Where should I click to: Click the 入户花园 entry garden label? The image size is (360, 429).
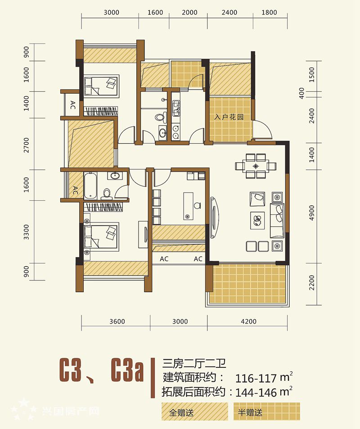click(x=229, y=117)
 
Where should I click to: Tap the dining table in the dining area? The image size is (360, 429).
click(x=256, y=166)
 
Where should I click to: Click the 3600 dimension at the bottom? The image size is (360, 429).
click(x=117, y=321)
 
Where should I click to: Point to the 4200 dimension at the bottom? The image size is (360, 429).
click(x=248, y=321)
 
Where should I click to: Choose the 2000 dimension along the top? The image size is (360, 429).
click(x=189, y=13)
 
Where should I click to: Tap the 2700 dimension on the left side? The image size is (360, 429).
click(x=26, y=145)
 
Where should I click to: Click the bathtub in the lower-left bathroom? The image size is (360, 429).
click(x=90, y=185)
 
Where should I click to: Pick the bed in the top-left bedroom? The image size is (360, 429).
click(x=101, y=86)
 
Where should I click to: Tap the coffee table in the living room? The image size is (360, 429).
click(x=257, y=221)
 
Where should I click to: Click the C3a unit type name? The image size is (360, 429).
click(x=127, y=370)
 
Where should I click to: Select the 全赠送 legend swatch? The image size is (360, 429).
click(x=194, y=411)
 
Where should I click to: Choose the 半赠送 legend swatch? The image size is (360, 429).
click(x=266, y=411)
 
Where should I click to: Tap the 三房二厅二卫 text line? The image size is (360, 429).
click(x=194, y=364)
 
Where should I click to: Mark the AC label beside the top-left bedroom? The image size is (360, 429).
click(x=72, y=105)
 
